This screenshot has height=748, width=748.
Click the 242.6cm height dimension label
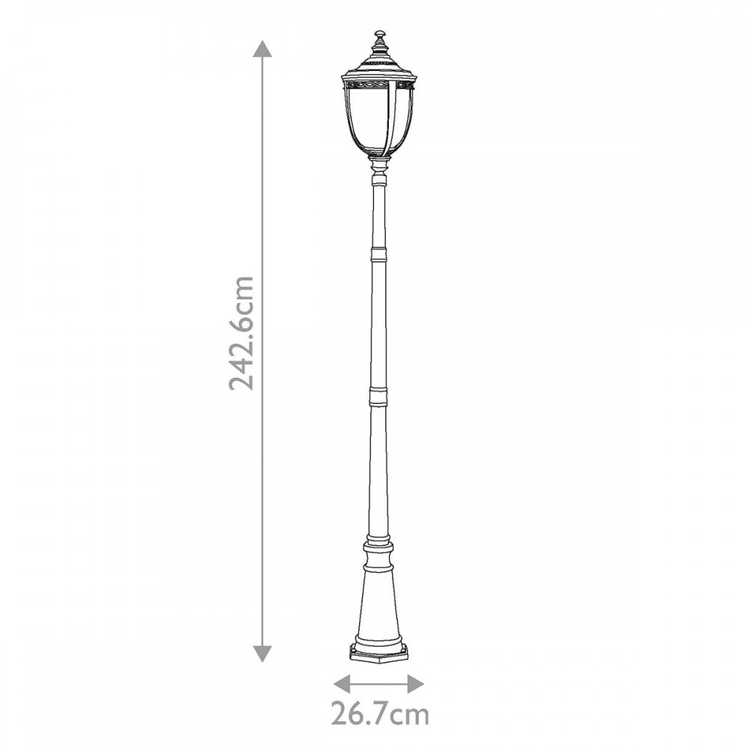tap(241, 333)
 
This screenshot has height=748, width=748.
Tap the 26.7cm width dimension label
tap(380, 714)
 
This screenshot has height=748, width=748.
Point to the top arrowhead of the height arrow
tap(262, 49)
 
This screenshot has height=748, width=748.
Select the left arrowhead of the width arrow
tap(342, 683)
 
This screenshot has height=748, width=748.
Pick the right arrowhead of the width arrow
tap(415, 683)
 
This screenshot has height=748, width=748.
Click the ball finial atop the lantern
tap(380, 35)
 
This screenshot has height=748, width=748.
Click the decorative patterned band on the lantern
tap(378, 85)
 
